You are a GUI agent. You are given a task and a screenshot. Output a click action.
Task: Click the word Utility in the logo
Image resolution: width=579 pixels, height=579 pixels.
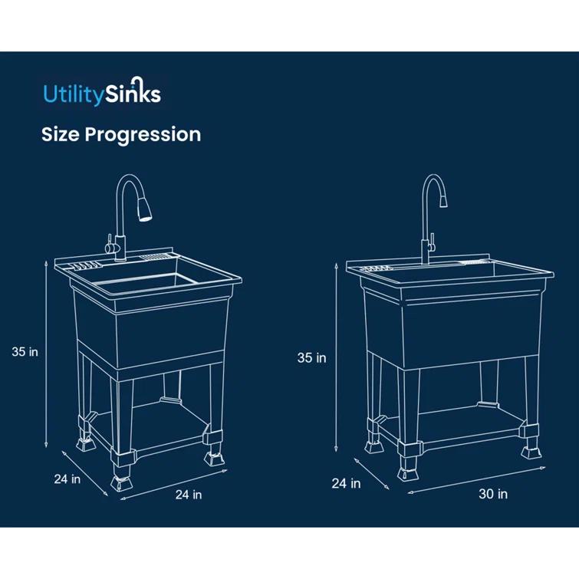71,94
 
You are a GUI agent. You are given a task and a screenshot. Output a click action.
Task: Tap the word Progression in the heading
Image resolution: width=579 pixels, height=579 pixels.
143,134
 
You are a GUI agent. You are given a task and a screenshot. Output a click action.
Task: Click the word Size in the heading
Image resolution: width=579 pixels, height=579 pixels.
60,134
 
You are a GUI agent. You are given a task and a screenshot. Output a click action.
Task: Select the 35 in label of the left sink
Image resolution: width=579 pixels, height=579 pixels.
25,353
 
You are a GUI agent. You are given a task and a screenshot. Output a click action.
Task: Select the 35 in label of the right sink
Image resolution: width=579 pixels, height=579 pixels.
312,357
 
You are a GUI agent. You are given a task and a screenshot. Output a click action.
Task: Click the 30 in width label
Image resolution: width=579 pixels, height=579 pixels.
493,494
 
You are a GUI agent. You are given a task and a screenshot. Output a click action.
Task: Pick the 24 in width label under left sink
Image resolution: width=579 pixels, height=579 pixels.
189,495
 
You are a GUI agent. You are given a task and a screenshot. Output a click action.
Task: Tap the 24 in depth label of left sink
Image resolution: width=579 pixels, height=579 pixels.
67,479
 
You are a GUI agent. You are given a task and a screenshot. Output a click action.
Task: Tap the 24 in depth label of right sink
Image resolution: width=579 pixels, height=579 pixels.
346,483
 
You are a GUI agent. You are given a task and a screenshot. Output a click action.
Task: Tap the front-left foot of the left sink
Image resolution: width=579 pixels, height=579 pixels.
121,482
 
